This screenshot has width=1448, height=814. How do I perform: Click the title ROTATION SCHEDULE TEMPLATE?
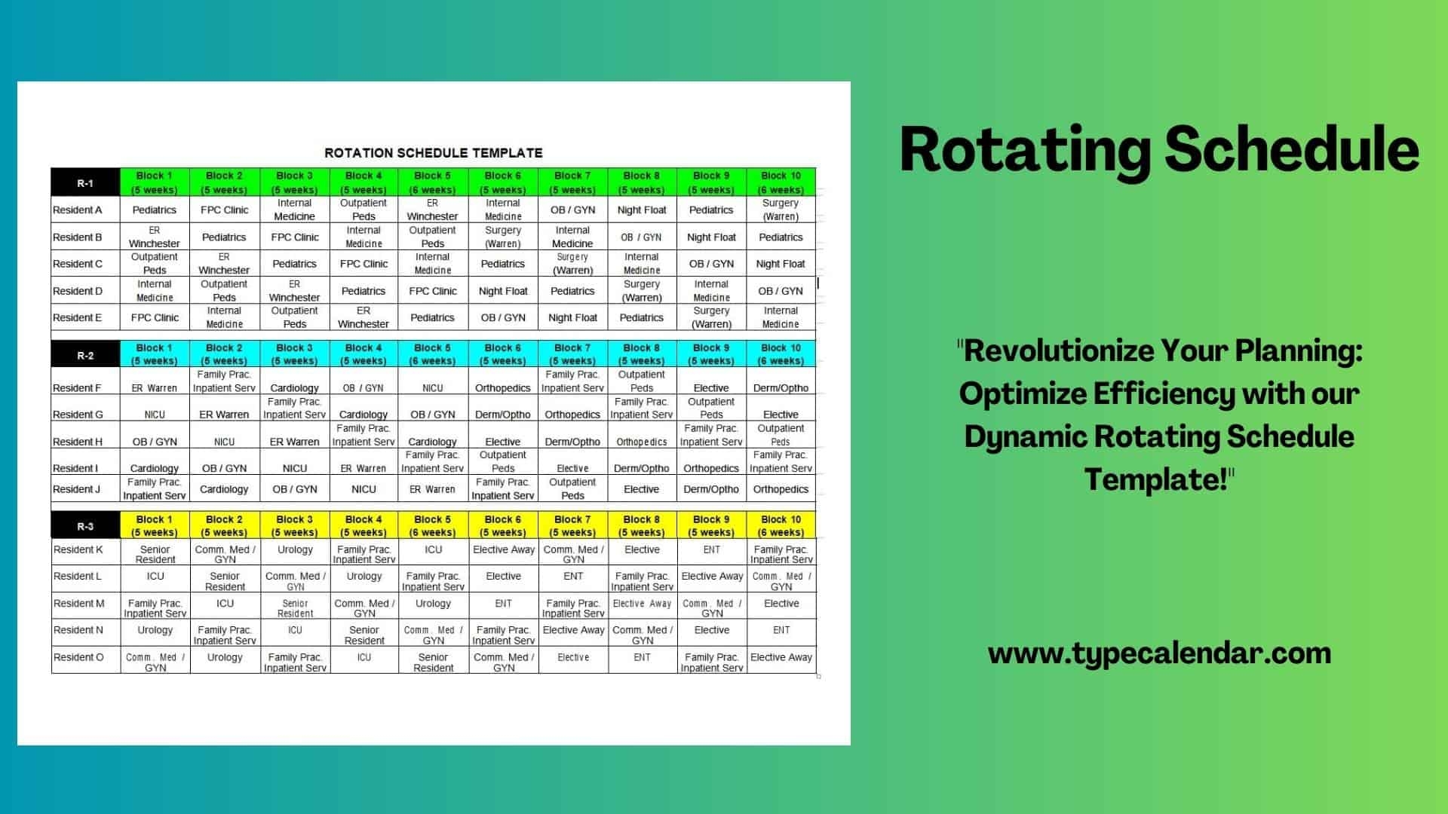coord(434,153)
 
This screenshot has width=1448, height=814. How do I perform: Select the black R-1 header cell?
coord(85,182)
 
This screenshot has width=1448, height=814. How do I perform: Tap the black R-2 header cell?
coord(85,354)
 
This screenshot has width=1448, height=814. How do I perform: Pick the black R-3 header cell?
coord(85,525)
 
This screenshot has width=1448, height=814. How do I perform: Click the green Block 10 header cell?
coord(781,182)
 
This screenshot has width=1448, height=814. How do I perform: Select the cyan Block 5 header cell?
coord(433,354)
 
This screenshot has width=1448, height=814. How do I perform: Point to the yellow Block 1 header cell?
coord(155,525)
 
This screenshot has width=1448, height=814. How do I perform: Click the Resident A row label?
coord(78,210)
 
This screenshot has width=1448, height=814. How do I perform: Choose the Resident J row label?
coord(76,489)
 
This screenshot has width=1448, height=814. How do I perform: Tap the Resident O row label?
coord(78,657)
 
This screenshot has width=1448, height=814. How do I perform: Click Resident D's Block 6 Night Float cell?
coord(503,291)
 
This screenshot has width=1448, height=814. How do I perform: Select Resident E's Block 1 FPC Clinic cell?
coord(155,317)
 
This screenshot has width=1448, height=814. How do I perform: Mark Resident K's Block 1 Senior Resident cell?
coord(155,554)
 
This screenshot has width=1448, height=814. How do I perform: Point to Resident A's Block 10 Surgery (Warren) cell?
coord(781,210)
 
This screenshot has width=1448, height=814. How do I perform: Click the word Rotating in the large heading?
coord(1026,151)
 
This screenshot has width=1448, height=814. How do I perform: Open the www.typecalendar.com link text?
coord(1159,653)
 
